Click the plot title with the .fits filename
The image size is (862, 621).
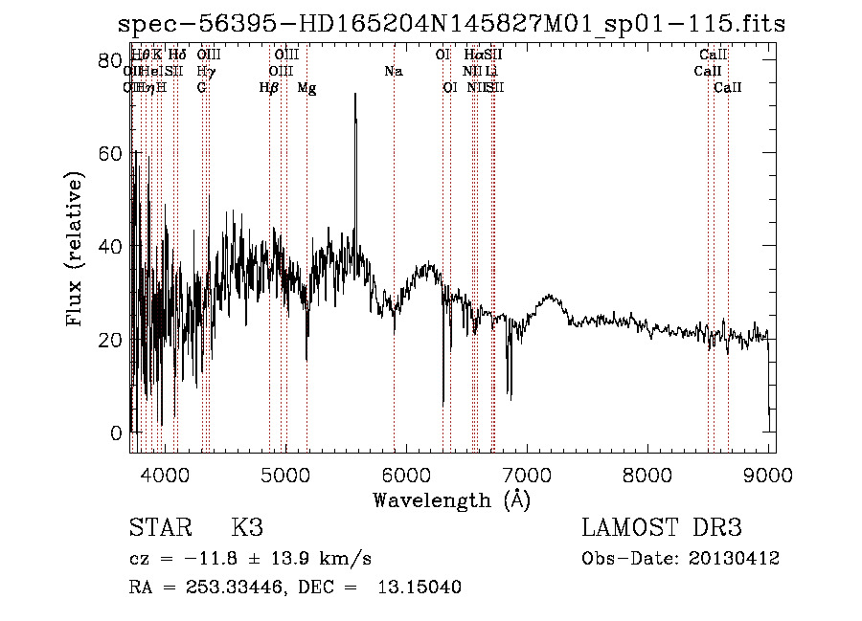(x=450, y=23)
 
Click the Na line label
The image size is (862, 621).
(x=394, y=71)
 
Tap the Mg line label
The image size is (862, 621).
(x=306, y=87)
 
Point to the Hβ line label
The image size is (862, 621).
(x=269, y=87)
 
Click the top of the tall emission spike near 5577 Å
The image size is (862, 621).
(x=355, y=94)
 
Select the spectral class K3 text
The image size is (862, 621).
(x=247, y=528)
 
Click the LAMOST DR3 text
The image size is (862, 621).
(x=661, y=528)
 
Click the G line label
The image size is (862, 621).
(x=201, y=87)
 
